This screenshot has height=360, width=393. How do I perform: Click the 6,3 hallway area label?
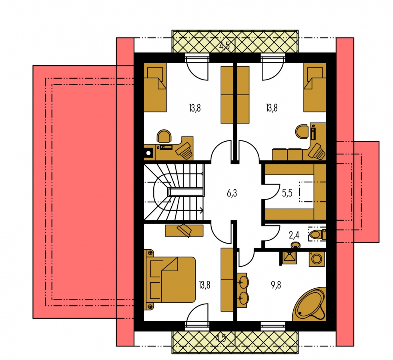click(x=232, y=194)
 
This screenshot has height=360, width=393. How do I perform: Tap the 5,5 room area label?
click(x=287, y=193)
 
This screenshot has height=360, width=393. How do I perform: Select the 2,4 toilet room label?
click(x=294, y=235)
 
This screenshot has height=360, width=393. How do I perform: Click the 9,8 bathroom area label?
click(x=276, y=285)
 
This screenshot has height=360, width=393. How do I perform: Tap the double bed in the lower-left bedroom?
click(x=170, y=280)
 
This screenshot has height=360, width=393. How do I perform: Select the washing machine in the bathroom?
click(x=317, y=259)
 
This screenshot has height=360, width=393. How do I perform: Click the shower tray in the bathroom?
click(x=289, y=257)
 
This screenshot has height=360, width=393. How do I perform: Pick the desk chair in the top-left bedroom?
click(x=164, y=136)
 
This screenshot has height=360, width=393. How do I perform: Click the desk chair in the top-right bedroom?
click(x=302, y=132)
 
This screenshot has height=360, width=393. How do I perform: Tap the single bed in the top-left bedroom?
click(x=155, y=88)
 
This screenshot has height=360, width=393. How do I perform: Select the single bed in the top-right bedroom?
click(x=315, y=88)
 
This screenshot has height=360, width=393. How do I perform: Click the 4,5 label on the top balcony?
click(x=225, y=46)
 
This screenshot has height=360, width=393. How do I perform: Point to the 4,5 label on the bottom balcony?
click(x=221, y=338)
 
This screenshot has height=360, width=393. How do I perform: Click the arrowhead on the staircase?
click(x=202, y=210)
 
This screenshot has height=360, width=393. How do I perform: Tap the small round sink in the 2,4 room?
click(x=295, y=244)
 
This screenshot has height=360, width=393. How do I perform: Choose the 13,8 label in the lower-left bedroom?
click(x=205, y=285)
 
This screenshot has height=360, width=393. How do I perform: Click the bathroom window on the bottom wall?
click(x=273, y=326)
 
